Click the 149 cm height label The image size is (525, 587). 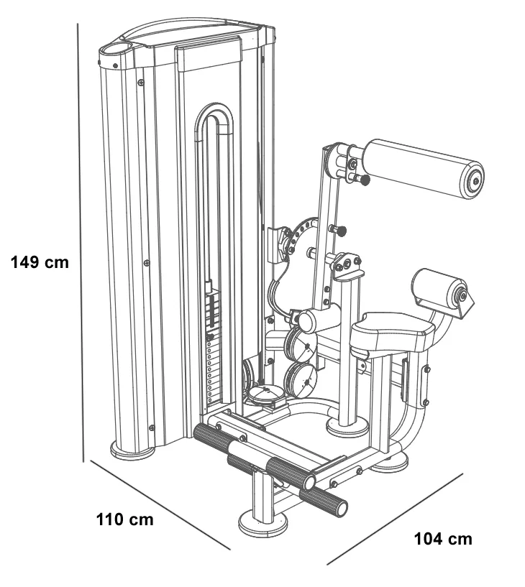pos(40,262)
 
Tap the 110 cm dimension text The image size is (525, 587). pos(125,519)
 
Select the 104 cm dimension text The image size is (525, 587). pos(444,539)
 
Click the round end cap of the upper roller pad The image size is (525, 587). pos(473,180)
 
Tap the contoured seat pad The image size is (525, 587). pos(392,331)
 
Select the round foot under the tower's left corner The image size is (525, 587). pos(132,450)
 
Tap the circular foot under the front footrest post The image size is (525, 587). pos(262,522)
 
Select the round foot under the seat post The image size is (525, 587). pos(347,428)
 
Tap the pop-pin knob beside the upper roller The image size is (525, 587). pos(365,179)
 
